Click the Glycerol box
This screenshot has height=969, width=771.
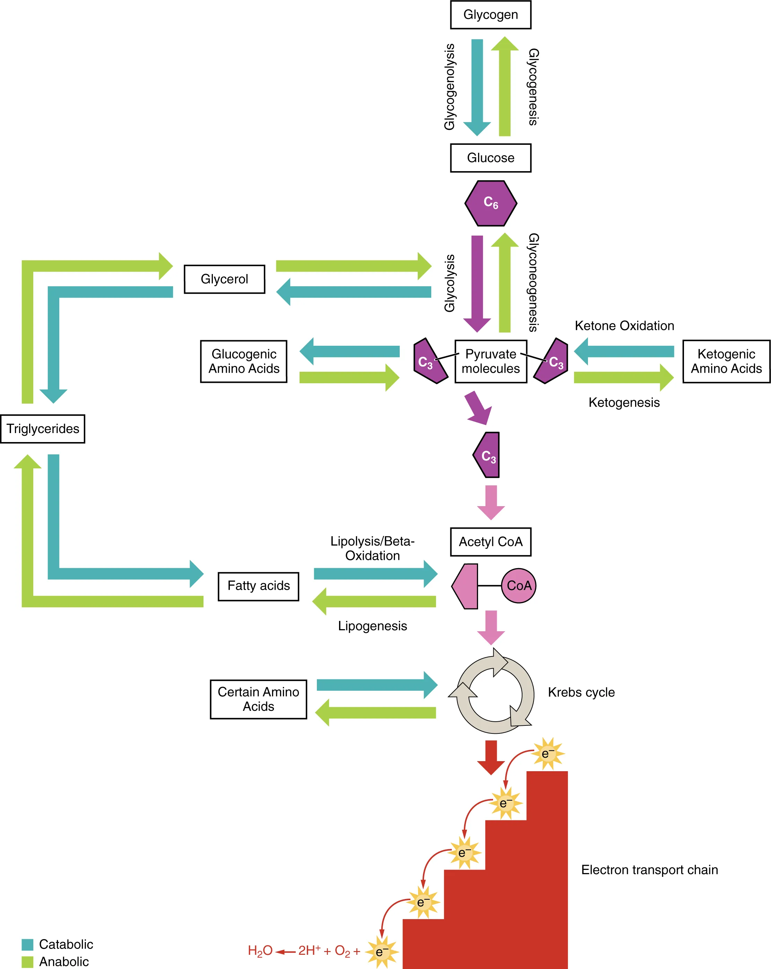click(224, 279)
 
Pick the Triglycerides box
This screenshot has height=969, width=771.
click(43, 429)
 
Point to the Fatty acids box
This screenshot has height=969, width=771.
click(258, 586)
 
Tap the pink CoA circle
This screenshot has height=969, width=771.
click(519, 585)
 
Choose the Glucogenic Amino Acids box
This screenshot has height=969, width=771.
click(243, 361)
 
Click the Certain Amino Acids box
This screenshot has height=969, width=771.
click(258, 699)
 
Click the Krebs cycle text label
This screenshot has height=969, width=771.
click(581, 692)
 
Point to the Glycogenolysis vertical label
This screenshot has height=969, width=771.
click(449, 87)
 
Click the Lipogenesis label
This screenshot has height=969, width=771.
click(372, 626)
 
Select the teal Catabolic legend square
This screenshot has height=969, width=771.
click(27, 944)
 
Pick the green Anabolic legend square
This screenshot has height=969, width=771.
click(27, 961)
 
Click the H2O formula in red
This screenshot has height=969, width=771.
click(260, 951)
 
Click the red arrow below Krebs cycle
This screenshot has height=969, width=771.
click(491, 757)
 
